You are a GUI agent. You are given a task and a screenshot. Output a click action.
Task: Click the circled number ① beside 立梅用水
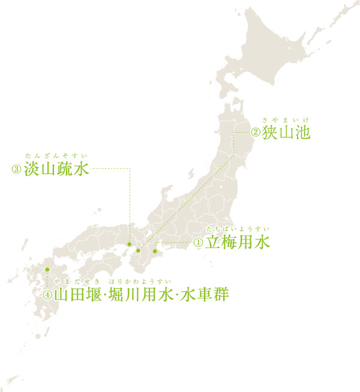[197, 243]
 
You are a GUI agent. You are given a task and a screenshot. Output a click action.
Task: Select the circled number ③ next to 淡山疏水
[16, 169]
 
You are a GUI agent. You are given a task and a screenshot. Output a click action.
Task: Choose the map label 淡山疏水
[56, 169]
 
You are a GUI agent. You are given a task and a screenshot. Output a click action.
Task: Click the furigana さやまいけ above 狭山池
[285, 120]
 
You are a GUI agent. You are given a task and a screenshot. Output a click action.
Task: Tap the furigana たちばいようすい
[238, 231]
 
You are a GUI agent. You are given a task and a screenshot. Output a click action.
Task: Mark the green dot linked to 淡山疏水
[129, 244]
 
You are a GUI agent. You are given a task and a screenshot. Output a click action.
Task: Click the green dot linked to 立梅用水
[155, 250]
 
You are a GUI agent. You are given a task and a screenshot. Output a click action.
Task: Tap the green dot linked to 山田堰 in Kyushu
[47, 268]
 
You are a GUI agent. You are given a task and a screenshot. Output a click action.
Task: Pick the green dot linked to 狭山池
[138, 250]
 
